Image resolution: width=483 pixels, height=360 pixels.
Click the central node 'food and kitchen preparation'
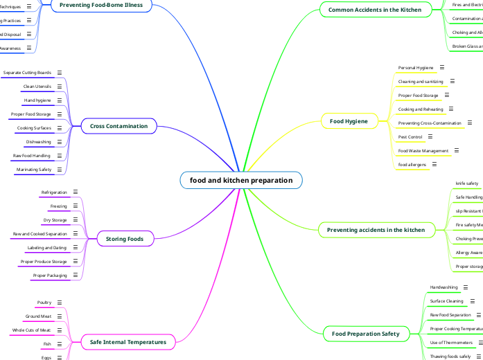tap(241, 181)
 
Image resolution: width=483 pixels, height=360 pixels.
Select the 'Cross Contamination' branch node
tap(119, 126)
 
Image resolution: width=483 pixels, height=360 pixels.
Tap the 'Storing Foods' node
tap(125, 239)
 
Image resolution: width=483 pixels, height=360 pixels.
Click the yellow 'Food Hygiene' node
tap(349, 121)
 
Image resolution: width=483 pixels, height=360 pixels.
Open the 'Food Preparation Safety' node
tap(365, 334)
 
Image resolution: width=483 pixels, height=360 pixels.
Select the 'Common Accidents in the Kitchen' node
tap(374, 10)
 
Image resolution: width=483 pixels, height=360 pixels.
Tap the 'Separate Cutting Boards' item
tap(27, 73)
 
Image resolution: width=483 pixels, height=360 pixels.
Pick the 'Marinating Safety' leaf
tap(34, 170)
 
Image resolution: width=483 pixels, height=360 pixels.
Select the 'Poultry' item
tap(44, 303)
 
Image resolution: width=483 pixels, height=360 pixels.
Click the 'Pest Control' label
tap(410, 137)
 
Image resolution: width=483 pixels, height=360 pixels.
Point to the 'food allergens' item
tap(412, 165)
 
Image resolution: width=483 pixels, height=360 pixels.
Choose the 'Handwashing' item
tap(444, 287)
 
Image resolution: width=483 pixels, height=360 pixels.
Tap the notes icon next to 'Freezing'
tap(74, 206)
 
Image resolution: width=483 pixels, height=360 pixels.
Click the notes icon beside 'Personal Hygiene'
tap(442, 68)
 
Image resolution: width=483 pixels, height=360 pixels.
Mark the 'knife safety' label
tap(466, 183)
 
